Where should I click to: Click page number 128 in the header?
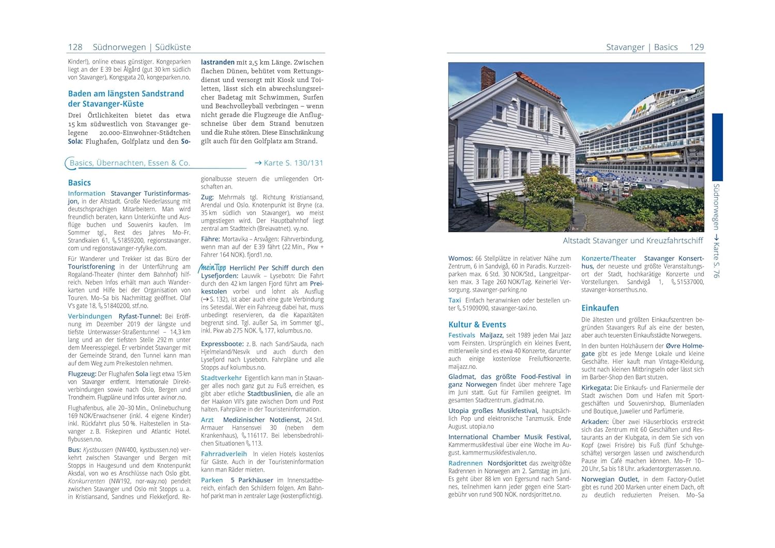click(75, 47)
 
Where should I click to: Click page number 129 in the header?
click(696, 47)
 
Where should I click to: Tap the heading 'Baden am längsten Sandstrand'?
click(126, 93)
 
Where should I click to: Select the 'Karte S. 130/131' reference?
click(289, 163)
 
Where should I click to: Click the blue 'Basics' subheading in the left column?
click(79, 182)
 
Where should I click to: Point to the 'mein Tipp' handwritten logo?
click(212, 267)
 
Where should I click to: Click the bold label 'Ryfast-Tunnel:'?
click(140, 316)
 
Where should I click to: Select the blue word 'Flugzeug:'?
click(82, 373)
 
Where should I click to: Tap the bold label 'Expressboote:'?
click(222, 343)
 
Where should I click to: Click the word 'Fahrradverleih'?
click(224, 454)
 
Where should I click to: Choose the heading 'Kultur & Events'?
click(477, 324)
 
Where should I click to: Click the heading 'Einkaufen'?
click(599, 308)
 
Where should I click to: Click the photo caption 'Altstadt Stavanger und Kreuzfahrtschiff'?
click(632, 240)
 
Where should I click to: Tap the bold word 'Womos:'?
click(460, 258)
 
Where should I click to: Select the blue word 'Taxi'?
click(454, 300)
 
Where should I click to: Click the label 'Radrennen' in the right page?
click(465, 463)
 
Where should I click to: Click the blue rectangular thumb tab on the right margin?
click(717, 147)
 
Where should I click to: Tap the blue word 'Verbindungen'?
click(90, 316)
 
